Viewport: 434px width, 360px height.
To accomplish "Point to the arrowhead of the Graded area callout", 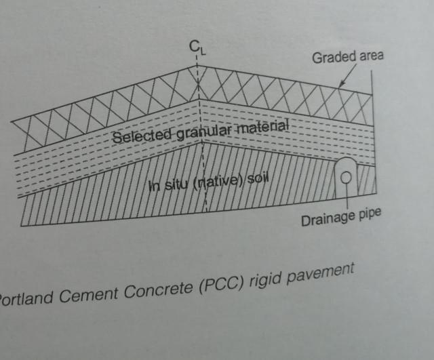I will [340, 87].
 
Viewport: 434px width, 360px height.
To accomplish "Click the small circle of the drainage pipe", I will [346, 178].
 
